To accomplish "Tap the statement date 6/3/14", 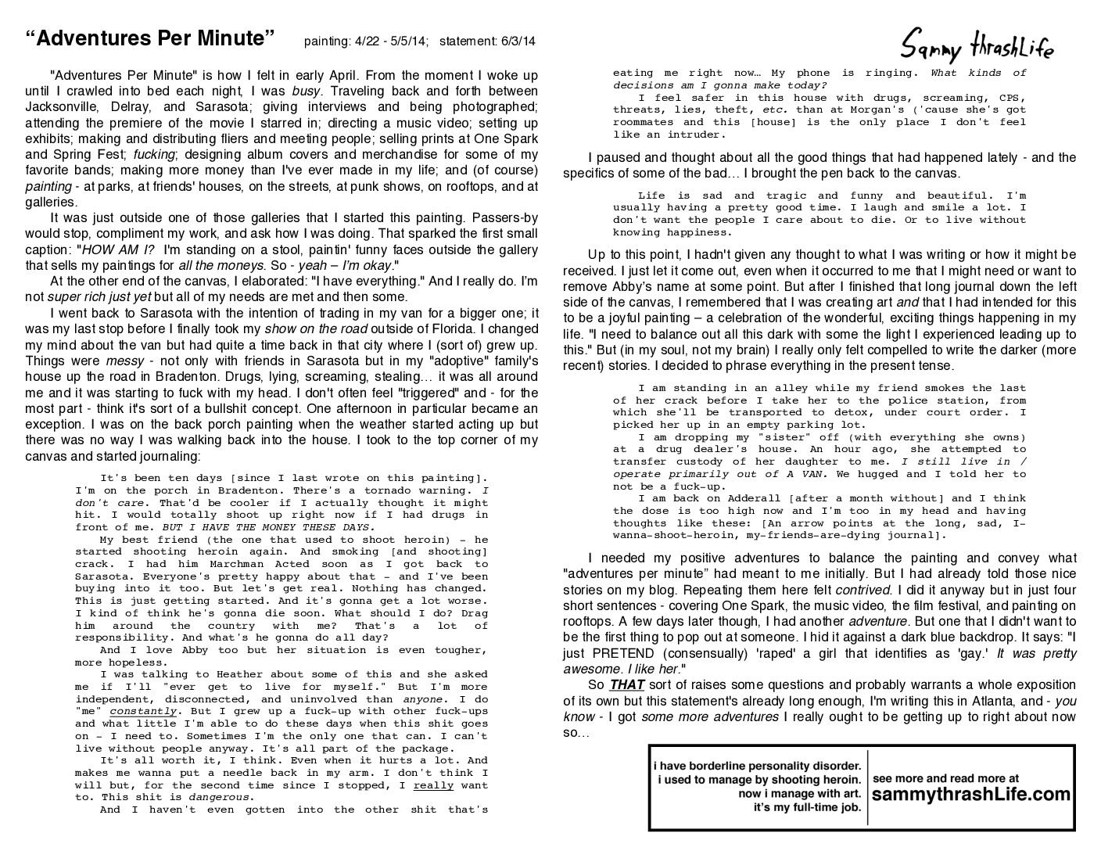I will coord(517,41).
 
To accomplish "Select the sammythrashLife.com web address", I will coord(970,795).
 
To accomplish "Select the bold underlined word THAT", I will coord(627,685).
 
